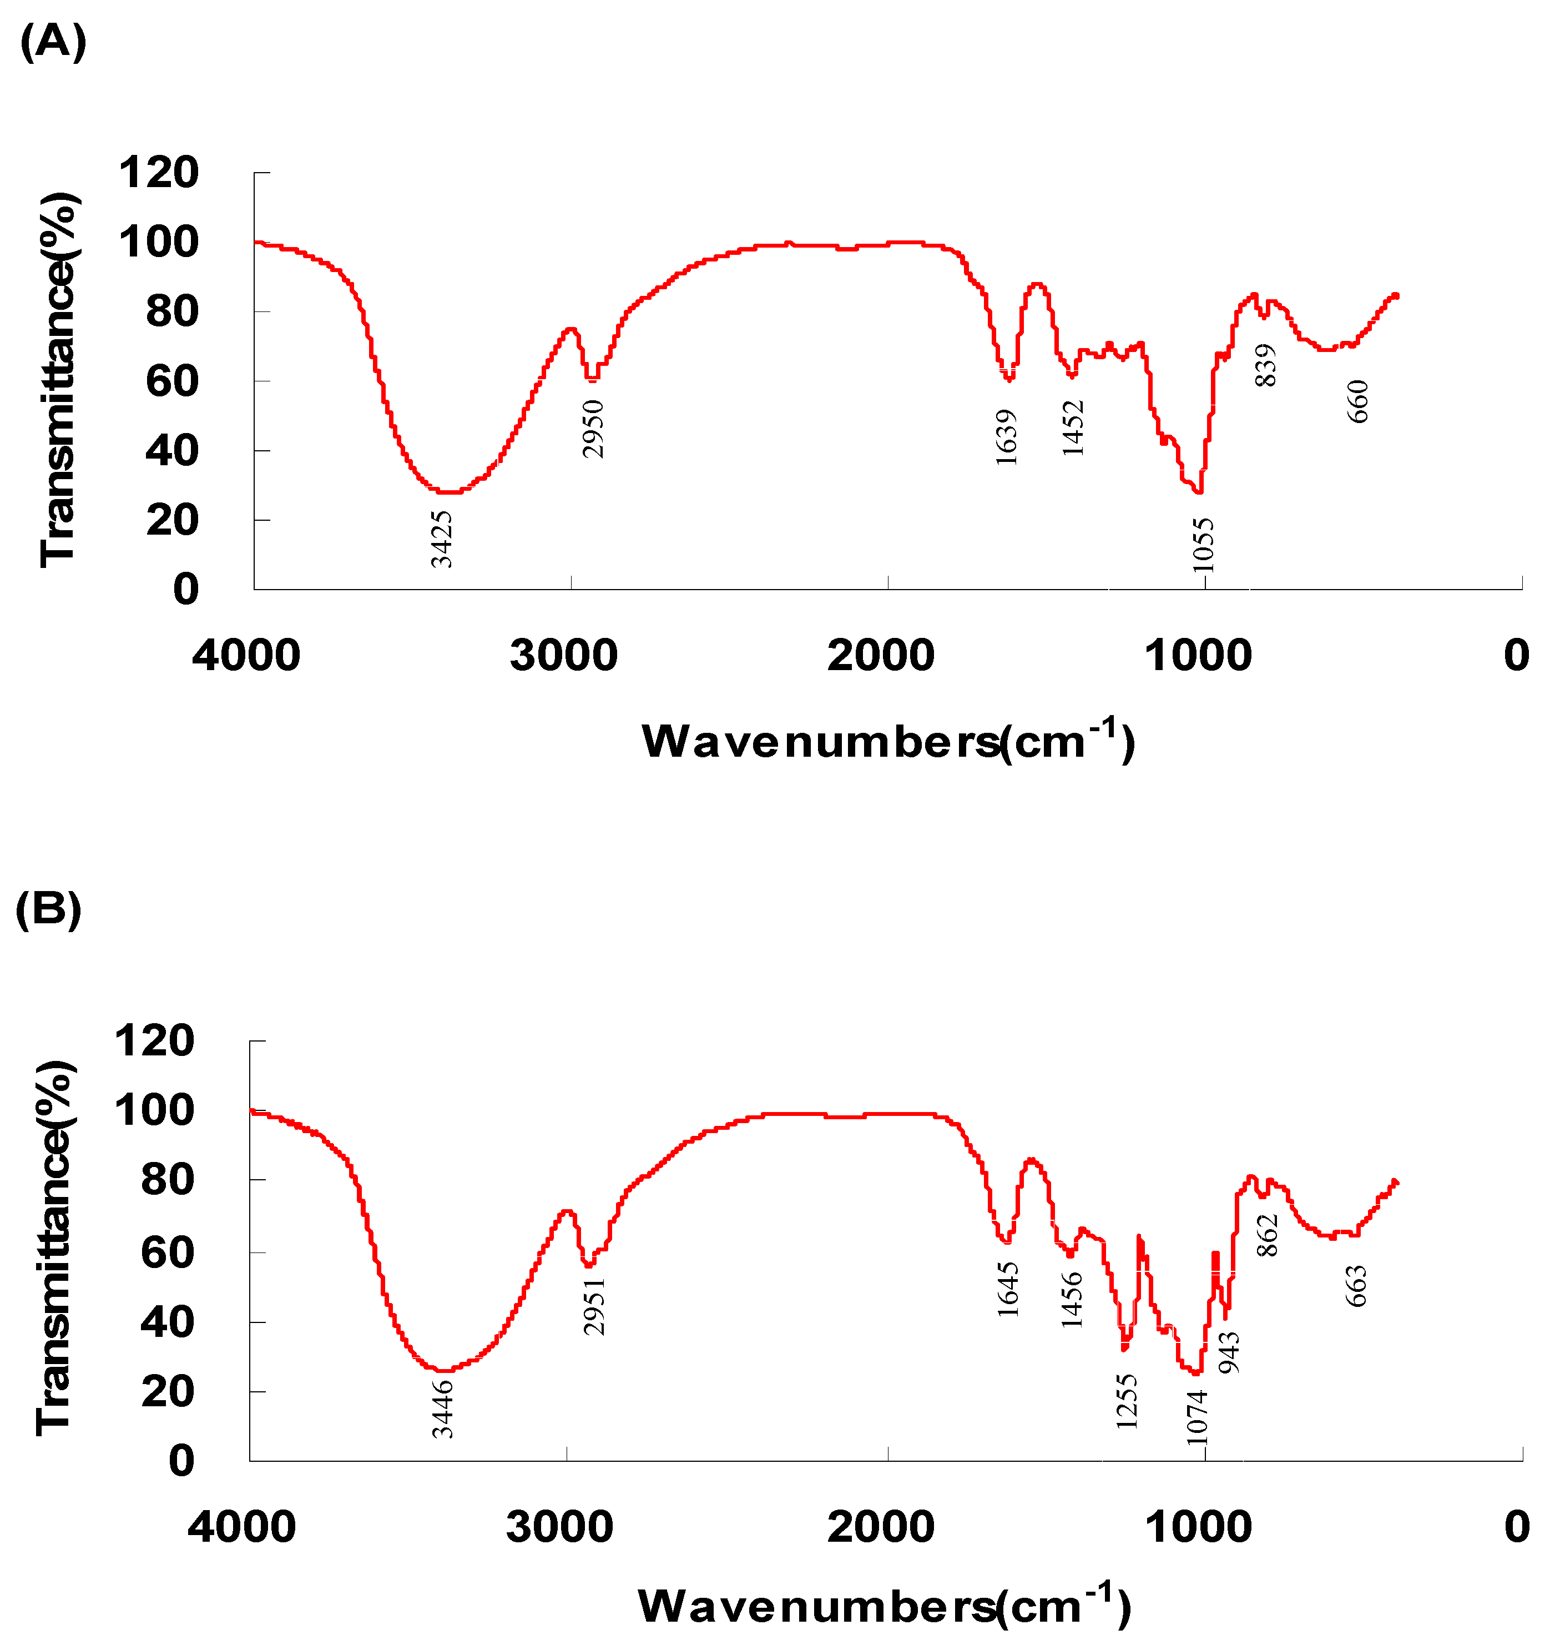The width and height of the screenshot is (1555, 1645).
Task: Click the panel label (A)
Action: pos(52,42)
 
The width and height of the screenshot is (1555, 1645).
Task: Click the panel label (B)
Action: pos(49,909)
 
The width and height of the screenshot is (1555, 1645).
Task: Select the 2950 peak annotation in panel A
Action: pos(593,429)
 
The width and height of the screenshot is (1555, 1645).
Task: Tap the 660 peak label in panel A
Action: pos(1358,401)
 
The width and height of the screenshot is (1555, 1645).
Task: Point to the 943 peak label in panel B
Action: pos(1229,1352)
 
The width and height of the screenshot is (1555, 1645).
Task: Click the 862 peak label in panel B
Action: pos(1268,1235)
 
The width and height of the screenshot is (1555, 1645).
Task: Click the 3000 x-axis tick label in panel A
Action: pos(564,656)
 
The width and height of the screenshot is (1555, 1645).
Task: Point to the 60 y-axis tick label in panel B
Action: pos(168,1251)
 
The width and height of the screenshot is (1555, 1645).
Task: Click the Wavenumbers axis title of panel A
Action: pos(888,741)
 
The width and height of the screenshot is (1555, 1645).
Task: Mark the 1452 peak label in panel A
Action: pos(1073,428)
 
